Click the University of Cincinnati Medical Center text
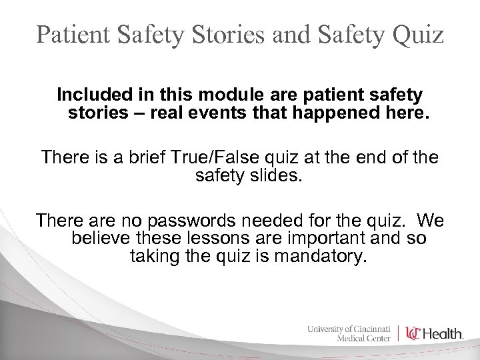click(350, 333)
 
